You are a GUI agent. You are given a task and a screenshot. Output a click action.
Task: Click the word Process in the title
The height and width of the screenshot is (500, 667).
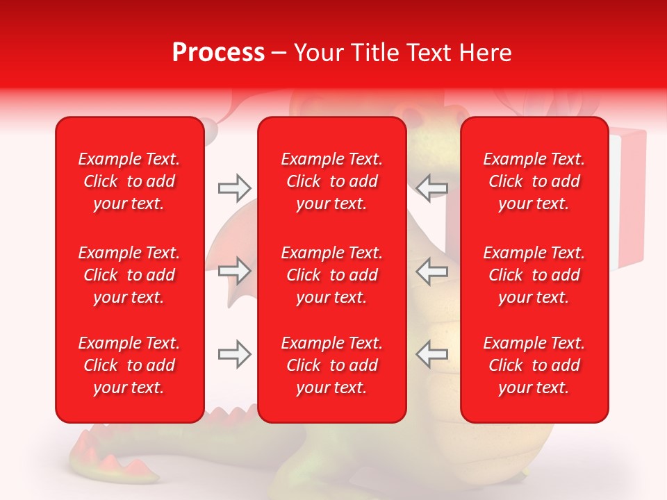218,53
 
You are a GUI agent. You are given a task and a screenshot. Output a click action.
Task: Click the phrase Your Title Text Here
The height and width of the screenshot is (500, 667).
403,53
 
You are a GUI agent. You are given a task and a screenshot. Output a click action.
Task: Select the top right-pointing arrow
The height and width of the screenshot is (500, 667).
234,187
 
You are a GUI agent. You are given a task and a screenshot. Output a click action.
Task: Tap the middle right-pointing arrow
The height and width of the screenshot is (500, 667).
234,271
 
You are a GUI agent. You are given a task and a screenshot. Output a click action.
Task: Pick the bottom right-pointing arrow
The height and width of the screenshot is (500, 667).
234,354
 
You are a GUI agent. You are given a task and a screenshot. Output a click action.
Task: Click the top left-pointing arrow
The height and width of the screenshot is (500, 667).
431,187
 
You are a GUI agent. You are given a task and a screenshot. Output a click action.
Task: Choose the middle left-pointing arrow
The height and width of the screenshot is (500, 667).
431,271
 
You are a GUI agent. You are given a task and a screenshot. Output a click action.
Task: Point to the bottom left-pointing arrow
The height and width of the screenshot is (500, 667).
431,354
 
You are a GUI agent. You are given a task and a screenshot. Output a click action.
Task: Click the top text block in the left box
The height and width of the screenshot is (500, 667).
129,181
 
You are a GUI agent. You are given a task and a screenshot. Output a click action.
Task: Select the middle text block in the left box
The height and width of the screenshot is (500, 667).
129,275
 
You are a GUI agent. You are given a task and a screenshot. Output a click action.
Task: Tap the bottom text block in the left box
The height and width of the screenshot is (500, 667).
129,365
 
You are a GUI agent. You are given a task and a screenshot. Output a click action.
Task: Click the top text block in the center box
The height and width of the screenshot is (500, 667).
331,181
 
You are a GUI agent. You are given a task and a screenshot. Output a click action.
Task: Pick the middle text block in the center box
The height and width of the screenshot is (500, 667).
331,275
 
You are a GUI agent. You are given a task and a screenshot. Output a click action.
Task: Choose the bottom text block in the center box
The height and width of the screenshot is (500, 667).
331,365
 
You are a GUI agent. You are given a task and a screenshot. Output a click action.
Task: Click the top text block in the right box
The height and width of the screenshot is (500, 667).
534,181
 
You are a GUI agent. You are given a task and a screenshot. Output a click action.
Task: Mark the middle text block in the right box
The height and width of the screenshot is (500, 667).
534,275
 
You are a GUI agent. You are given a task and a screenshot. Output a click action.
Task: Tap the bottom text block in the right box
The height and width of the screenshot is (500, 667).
534,365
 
